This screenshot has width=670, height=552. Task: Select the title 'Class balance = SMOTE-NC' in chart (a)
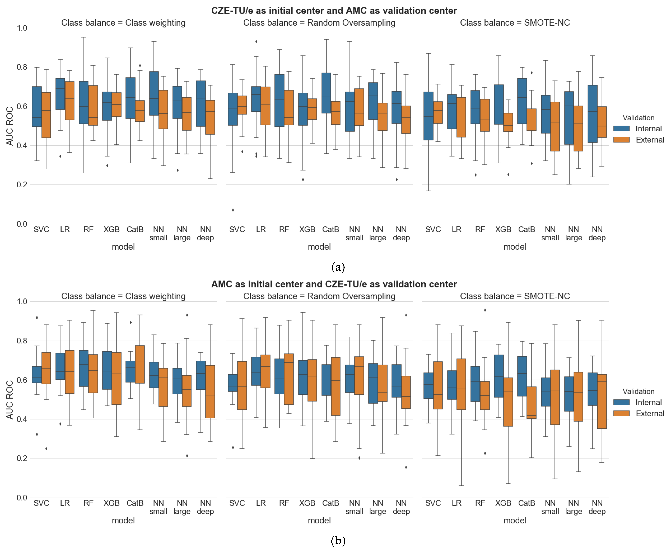click(x=515, y=23)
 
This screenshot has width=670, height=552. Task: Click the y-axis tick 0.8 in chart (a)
click(x=22, y=67)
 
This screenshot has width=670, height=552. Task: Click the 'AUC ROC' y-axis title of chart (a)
click(x=10, y=126)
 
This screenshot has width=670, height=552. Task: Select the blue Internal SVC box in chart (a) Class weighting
click(x=37, y=107)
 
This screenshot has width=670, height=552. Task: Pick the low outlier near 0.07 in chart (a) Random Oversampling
click(x=233, y=210)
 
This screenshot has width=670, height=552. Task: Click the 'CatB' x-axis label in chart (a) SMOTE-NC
click(x=527, y=229)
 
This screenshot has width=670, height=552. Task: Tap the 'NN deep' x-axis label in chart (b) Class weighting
click(x=205, y=507)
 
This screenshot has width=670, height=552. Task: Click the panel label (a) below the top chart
click(x=338, y=267)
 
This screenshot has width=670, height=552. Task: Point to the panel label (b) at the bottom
click(x=338, y=541)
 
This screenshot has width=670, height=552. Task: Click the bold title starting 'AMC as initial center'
click(x=334, y=284)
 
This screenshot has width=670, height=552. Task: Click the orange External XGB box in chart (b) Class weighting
click(x=116, y=378)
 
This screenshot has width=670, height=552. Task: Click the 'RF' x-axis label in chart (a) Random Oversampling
click(x=284, y=229)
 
